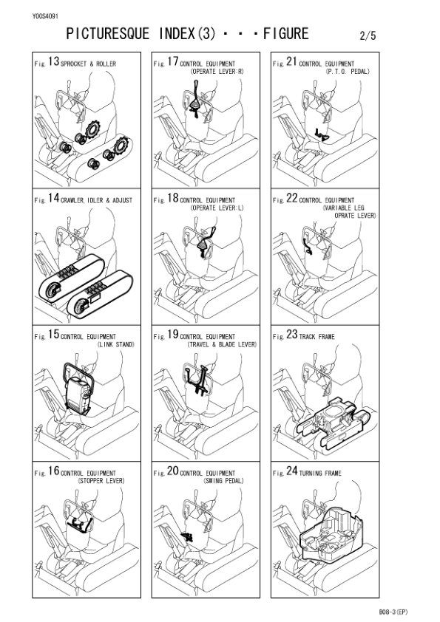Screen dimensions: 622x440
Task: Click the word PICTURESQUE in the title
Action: [108, 34]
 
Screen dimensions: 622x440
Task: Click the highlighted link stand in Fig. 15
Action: [77, 389]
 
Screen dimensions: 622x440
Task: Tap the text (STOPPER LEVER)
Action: [100, 479]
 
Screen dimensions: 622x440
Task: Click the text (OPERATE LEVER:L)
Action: [217, 208]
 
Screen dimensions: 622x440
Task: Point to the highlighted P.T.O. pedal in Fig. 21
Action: [321, 134]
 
